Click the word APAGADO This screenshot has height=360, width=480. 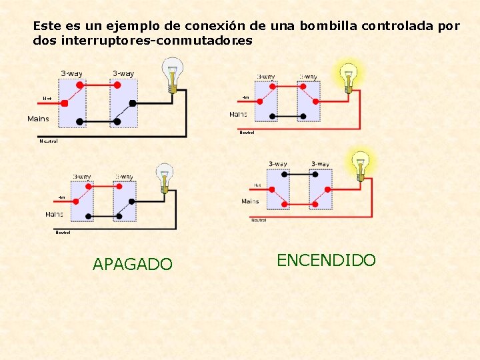[132, 265]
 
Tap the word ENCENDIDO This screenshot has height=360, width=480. [326, 260]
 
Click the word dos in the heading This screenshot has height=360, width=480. [45, 41]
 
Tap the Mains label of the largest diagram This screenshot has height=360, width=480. [37, 119]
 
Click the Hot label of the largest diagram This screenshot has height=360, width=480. [47, 99]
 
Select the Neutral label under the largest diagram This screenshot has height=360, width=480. [48, 141]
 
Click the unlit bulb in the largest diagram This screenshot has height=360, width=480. [174, 73]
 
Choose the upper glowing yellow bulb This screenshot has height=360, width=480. [348, 77]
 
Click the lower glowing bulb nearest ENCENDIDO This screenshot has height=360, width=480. [361, 164]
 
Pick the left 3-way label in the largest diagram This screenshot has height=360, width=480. [72, 73]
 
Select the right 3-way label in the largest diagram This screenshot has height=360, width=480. [123, 73]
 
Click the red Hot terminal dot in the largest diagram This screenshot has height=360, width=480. [65, 103]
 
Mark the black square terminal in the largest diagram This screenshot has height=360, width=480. [133, 103]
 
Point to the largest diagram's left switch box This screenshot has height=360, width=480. [72, 103]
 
